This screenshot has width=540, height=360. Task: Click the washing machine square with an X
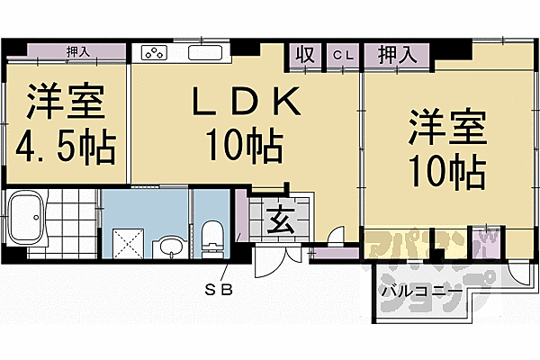(x=125, y=241)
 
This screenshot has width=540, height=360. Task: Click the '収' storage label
(x=305, y=55)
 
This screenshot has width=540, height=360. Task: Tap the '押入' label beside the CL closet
(x=396, y=55)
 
